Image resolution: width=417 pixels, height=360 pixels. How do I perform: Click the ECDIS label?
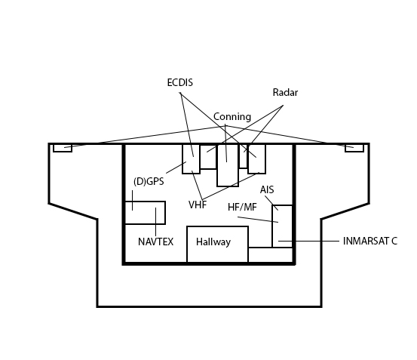coord(180,82)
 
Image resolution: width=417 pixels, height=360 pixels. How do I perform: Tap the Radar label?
coord(285,93)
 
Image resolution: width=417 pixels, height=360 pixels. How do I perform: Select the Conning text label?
coord(232,117)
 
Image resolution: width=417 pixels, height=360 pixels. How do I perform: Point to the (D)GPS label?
coord(149,181)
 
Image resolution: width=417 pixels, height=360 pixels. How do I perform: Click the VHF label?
coord(198,205)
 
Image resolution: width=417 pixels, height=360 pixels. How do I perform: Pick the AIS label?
coord(267,189)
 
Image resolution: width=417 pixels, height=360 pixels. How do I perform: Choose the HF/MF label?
coord(242,207)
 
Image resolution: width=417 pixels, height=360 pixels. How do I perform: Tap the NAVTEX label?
coord(156,242)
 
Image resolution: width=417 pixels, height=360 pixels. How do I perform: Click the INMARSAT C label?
coord(370,241)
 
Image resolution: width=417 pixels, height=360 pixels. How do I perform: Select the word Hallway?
coord(213,242)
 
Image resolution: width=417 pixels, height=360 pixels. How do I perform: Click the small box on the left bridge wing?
coord(63,148)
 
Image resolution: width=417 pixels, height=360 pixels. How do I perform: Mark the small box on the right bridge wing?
coord(354,148)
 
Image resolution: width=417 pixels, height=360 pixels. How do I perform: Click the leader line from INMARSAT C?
coord(308,241)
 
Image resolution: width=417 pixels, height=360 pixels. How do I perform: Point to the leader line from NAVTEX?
coord(156,222)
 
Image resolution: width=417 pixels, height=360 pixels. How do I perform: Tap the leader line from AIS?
coord(271,203)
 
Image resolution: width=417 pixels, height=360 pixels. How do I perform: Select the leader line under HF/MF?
coord(258,220)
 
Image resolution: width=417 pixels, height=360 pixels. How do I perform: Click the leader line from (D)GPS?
coord(176,168)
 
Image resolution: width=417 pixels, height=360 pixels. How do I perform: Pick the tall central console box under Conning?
coord(228,165)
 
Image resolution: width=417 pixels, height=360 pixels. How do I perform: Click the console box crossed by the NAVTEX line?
coord(145,213)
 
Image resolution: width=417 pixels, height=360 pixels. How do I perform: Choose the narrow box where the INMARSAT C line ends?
coord(283,226)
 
